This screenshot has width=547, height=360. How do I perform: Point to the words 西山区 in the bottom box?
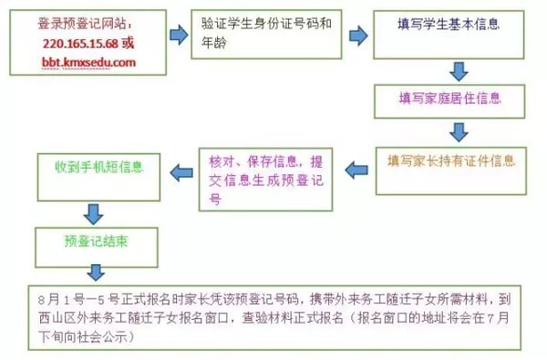pos(58,318)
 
